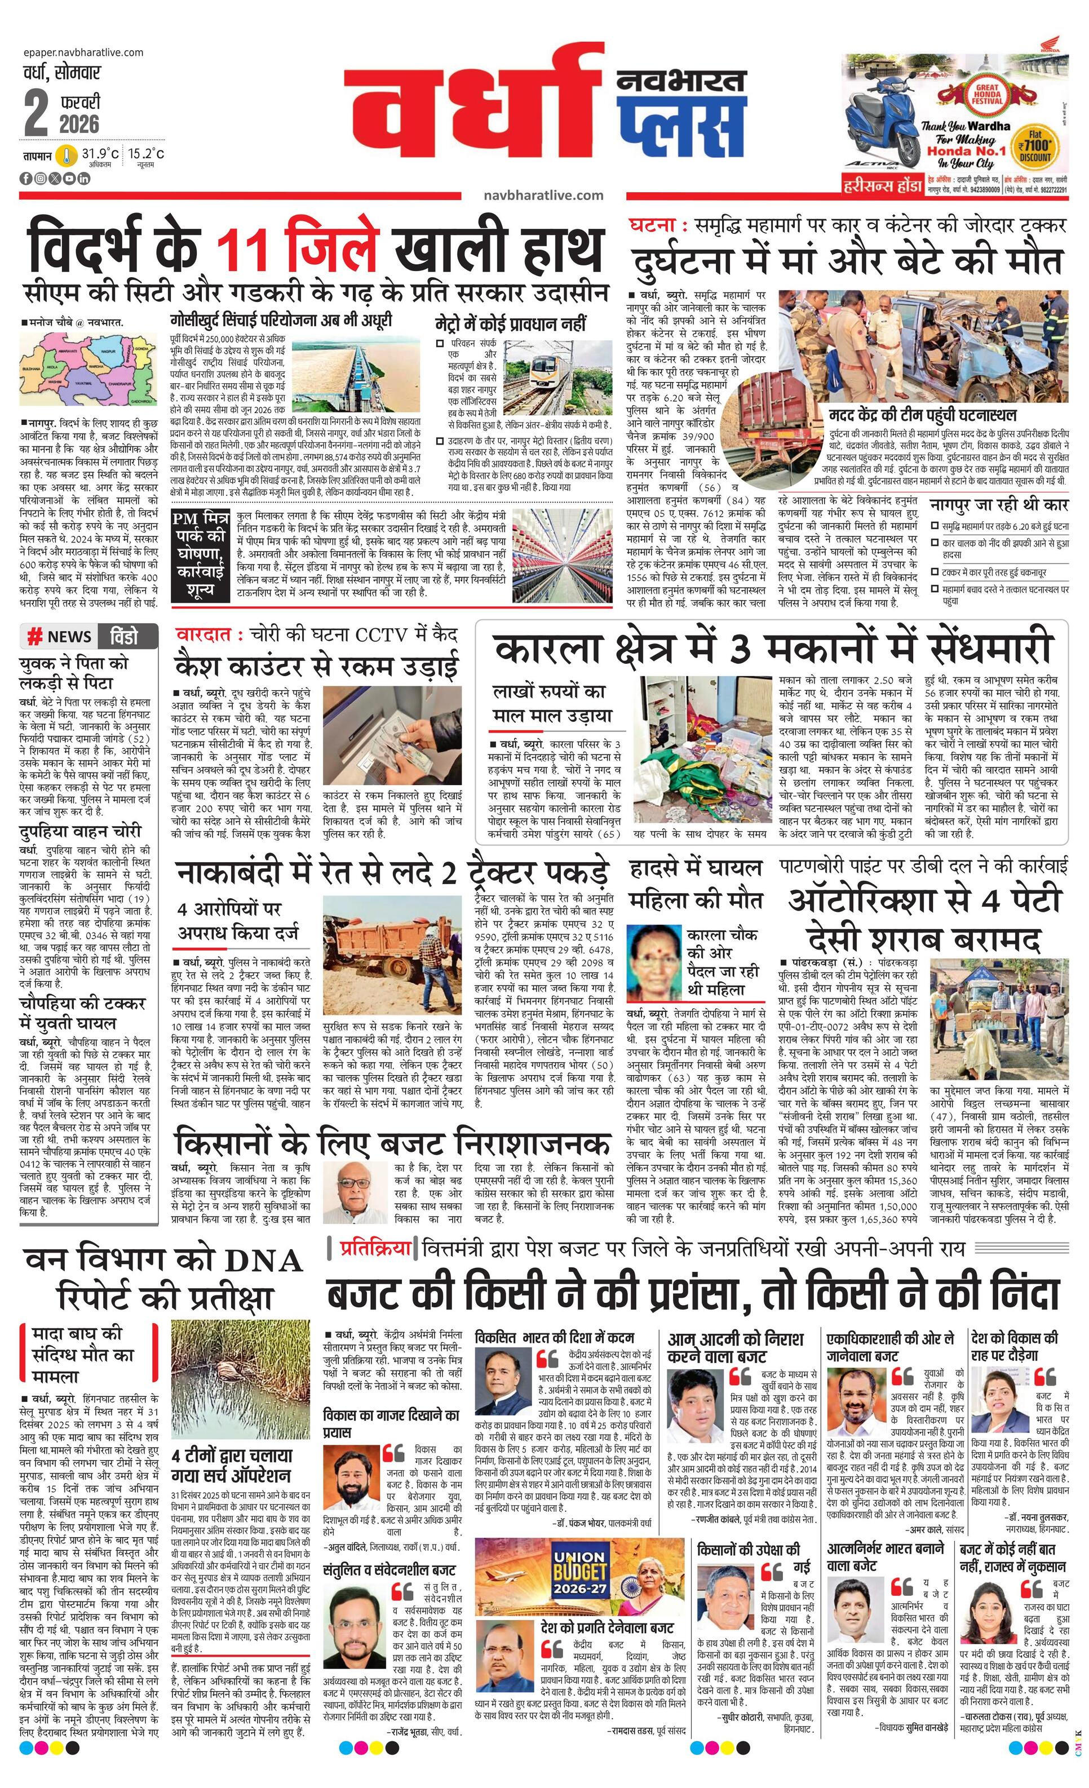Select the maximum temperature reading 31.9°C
pyautogui.click(x=100, y=154)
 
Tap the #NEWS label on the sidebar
pyautogui.click(x=60, y=636)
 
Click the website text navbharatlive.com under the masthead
pyautogui.click(x=543, y=195)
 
